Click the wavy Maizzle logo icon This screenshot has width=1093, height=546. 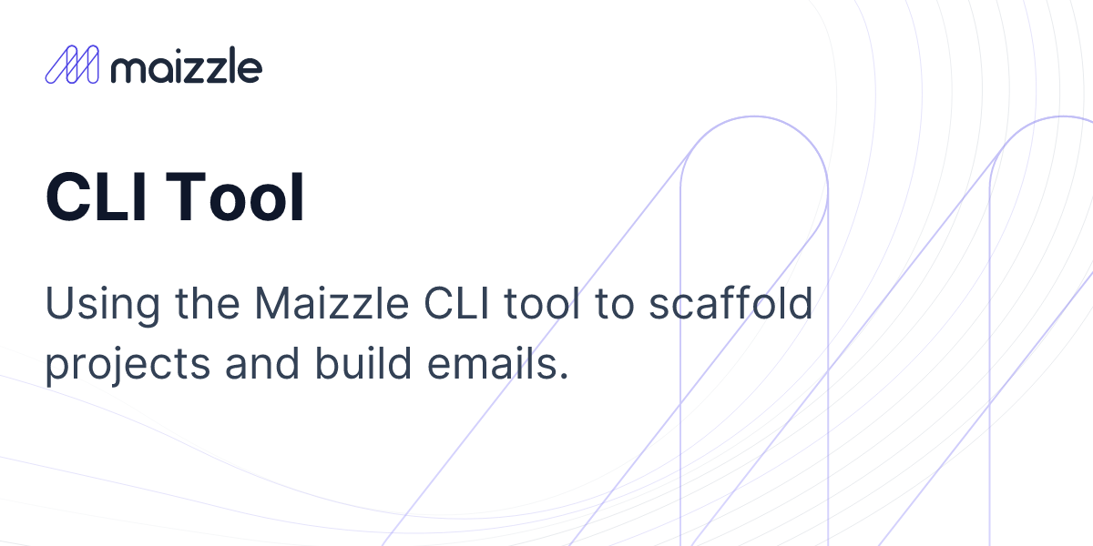pyautogui.click(x=71, y=66)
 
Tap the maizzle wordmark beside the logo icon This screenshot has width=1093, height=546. pyautogui.click(x=185, y=66)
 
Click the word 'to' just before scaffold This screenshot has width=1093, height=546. pyautogui.click(x=615, y=305)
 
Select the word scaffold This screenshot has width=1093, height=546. pyautogui.click(x=730, y=304)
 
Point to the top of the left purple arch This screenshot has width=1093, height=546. pyautogui.click(x=754, y=117)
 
